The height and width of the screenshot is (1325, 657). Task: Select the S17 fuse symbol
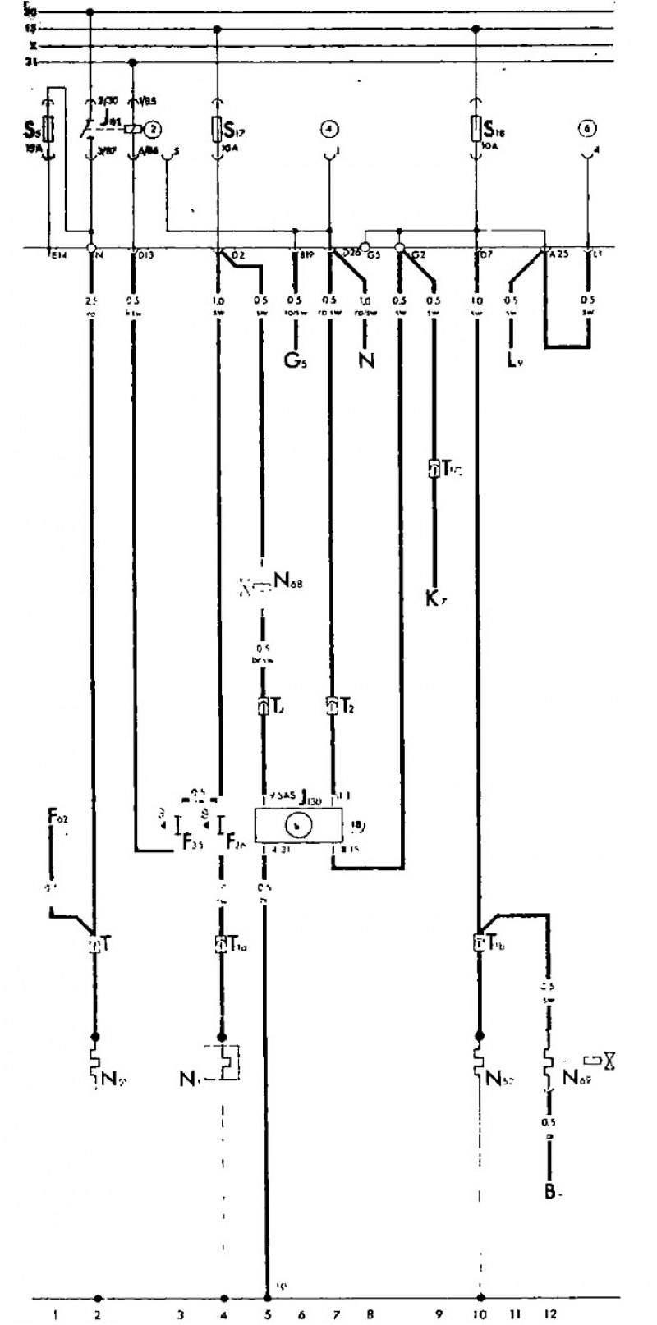click(218, 128)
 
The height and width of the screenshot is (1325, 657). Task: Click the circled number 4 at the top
click(328, 129)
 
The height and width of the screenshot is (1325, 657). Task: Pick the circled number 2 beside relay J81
click(152, 128)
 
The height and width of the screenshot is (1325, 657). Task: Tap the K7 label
click(434, 598)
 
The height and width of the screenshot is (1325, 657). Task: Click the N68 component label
click(287, 584)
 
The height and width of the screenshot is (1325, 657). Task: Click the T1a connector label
click(237, 945)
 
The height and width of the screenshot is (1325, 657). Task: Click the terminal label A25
click(559, 254)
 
